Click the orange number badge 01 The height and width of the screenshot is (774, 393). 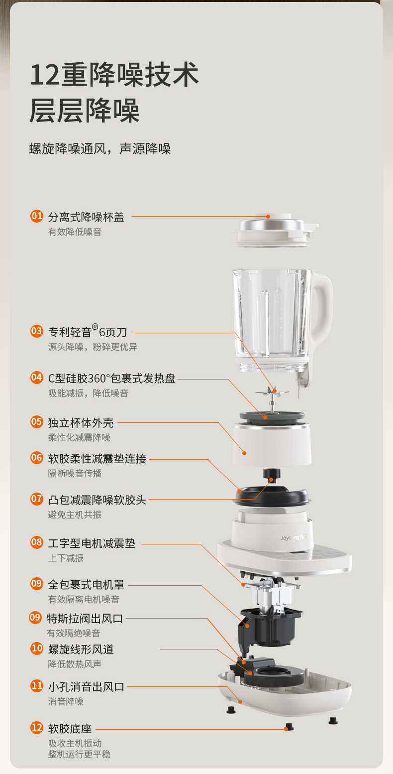(37, 216)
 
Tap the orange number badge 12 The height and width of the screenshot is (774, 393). (37, 728)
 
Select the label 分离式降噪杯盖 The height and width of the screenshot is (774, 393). (86, 217)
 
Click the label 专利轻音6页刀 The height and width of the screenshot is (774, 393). (88, 331)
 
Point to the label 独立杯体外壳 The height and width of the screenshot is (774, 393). (81, 422)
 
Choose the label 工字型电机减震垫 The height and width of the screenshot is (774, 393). (92, 543)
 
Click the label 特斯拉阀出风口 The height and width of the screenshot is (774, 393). (85, 618)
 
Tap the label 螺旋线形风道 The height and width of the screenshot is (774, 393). (81, 649)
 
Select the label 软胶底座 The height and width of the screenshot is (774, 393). (70, 728)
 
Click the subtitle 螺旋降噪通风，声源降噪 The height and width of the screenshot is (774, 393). (100, 148)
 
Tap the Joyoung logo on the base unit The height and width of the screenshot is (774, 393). (294, 537)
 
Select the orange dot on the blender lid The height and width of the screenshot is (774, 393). (268, 217)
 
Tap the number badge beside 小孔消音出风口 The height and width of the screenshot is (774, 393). (37, 685)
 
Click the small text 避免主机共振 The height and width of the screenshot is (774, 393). (75, 515)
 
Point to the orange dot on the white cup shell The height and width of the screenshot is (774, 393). (244, 453)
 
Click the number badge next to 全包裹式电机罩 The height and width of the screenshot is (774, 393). (37, 584)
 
